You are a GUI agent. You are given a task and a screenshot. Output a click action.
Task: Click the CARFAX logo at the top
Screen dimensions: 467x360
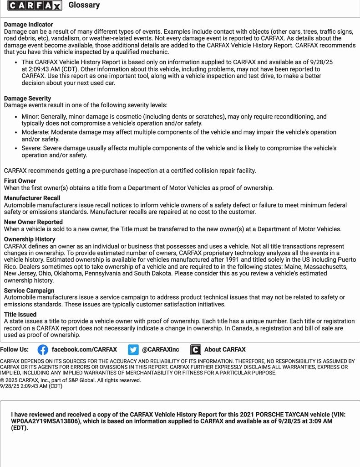35,5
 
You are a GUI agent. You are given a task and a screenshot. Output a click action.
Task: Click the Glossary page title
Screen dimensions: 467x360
84,5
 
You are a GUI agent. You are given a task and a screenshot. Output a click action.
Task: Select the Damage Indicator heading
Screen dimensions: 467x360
28,25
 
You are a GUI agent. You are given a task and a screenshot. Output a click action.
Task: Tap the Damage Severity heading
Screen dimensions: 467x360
27,99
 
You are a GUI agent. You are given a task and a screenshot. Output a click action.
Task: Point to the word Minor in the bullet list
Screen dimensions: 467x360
30,117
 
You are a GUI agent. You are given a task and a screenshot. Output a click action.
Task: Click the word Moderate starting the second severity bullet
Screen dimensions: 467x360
35,132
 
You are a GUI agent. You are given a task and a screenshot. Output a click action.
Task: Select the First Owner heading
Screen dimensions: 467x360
20,181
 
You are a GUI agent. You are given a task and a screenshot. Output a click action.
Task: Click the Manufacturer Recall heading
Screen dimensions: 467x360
32,198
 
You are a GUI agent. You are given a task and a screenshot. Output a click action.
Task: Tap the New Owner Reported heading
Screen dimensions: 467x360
33,222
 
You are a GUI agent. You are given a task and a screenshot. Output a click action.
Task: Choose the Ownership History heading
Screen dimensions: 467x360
30,239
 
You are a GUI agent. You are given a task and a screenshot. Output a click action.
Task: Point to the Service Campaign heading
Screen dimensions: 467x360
29,291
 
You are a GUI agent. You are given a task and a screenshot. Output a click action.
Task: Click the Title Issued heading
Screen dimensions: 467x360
20,315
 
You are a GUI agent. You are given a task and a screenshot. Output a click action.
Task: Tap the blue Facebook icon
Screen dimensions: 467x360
43,350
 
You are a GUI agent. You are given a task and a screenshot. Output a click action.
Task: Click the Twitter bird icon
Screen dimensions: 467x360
133,350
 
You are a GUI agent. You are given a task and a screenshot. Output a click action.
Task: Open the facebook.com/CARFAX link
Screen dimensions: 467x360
84,350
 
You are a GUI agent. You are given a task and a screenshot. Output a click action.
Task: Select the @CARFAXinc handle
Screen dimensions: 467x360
161,350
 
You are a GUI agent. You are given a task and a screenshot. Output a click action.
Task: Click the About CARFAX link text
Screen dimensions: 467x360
225,350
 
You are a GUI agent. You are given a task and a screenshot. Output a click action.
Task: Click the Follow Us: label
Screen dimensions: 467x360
14,350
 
